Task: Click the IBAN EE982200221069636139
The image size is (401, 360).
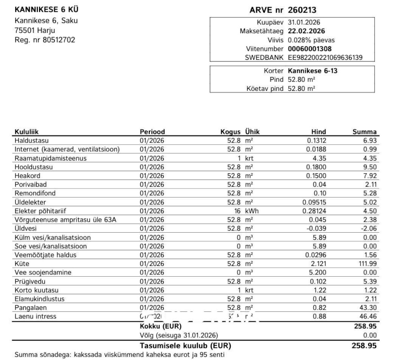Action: pyautogui.click(x=325, y=58)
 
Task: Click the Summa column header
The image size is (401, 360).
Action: pyautogui.click(x=365, y=132)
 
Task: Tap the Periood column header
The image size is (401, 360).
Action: pyautogui.click(x=152, y=132)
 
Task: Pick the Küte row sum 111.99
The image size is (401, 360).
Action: pyautogui.click(x=367, y=264)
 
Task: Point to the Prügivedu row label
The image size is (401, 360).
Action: pyautogui.click(x=30, y=281)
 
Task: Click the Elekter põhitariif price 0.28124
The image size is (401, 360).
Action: pyautogui.click(x=313, y=211)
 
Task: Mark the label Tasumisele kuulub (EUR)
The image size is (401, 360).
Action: pyautogui.click(x=185, y=346)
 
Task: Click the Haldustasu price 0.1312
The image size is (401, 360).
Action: pyautogui.click(x=315, y=141)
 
